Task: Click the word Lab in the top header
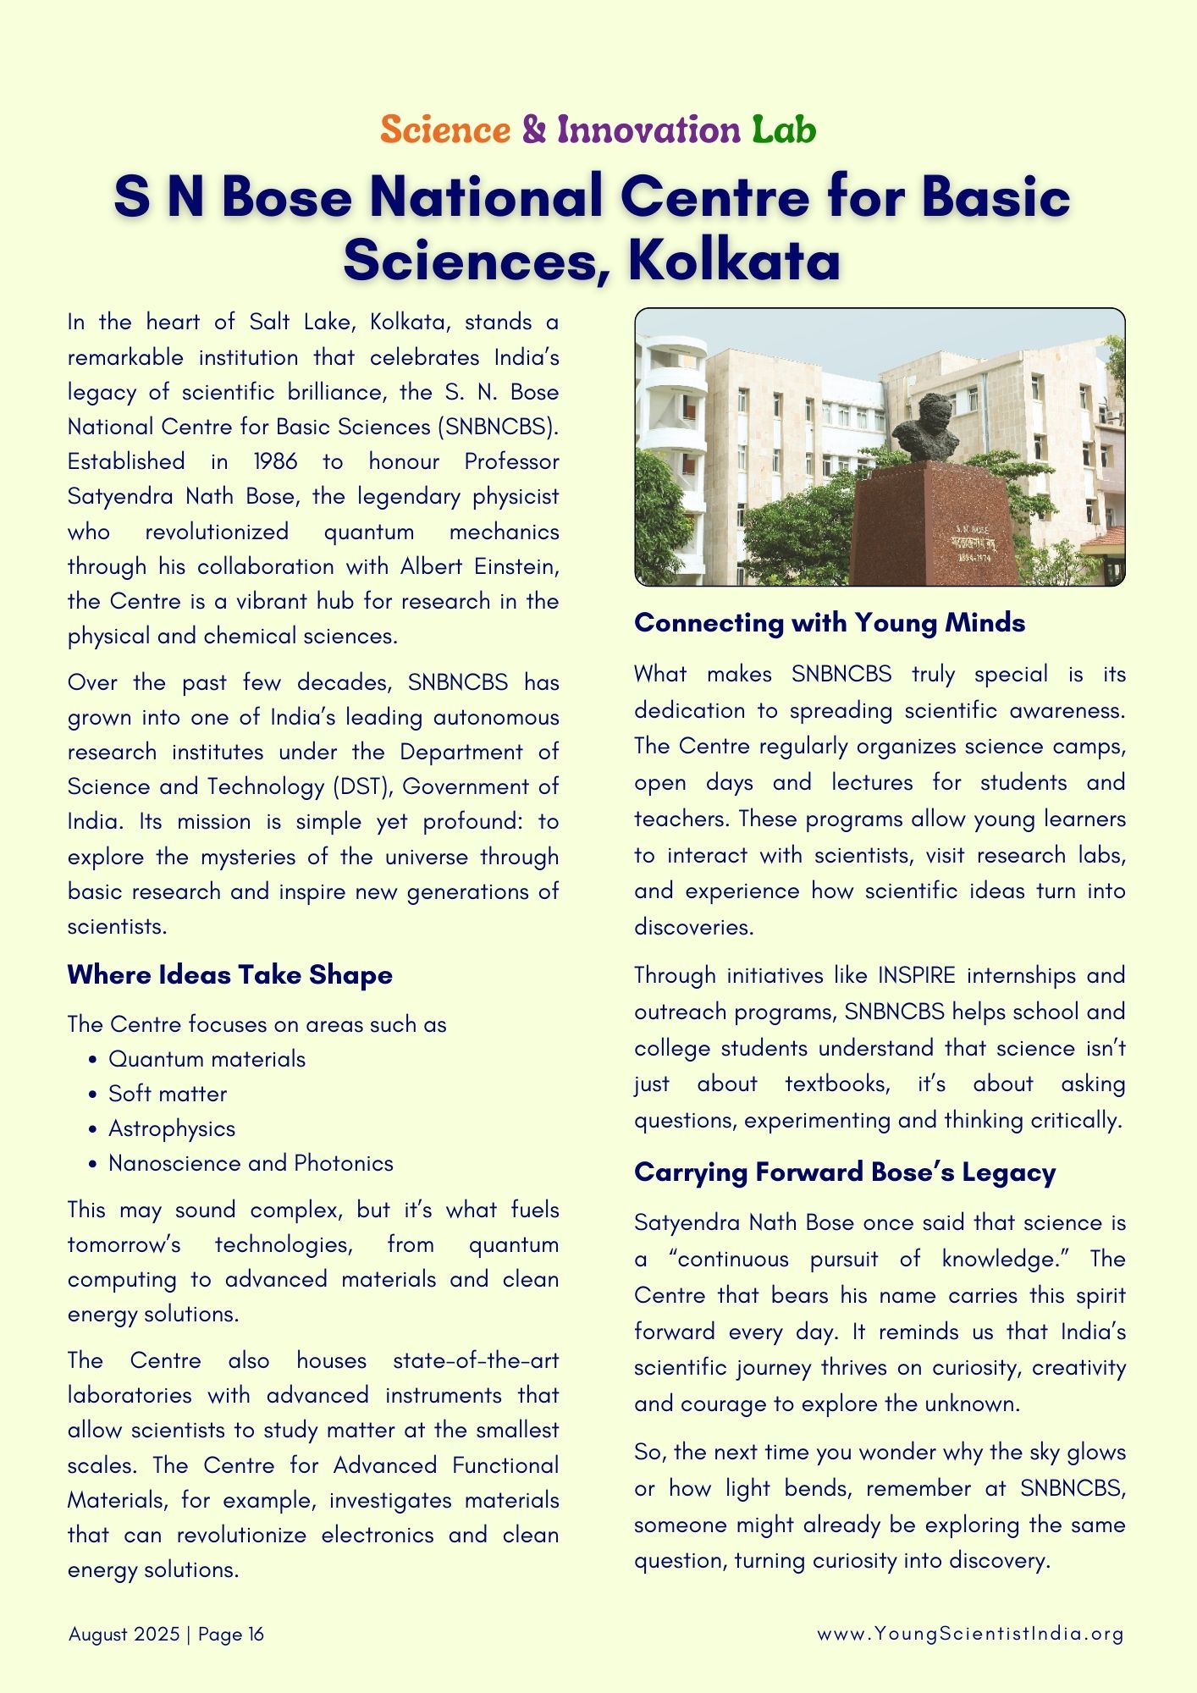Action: [784, 130]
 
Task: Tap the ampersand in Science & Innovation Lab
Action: [534, 130]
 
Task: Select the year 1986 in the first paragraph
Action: [275, 461]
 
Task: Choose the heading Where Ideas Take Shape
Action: [229, 974]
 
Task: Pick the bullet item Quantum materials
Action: [207, 1059]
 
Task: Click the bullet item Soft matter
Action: [168, 1094]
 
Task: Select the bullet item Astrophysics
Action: [172, 1128]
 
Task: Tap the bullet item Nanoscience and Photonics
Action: [251, 1163]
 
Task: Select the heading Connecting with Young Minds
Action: [829, 623]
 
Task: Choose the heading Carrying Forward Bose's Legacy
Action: [844, 1172]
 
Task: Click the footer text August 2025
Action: [124, 1634]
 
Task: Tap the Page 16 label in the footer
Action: [231, 1634]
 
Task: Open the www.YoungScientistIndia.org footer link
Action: [970, 1634]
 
